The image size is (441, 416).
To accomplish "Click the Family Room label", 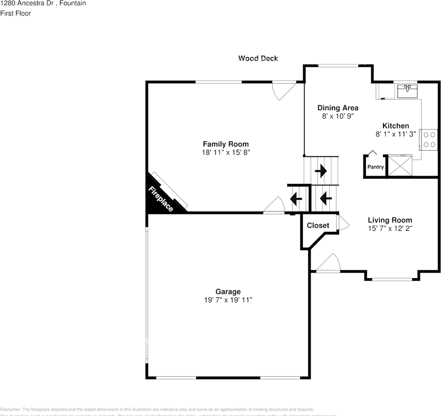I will pos(226,144).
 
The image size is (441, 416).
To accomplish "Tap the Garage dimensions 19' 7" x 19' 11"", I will pos(228,300).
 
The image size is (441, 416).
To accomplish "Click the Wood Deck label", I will pos(258,58).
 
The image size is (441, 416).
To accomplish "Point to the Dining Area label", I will pos(337,108).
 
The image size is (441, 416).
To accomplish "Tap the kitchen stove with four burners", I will pos(429,139).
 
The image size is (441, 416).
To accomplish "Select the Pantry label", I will pos(376,167).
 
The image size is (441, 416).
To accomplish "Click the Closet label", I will pos(318,225).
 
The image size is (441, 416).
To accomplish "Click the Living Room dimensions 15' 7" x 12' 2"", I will pos(390,228).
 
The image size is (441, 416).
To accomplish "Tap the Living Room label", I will pos(390,220).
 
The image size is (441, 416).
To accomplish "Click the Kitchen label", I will pos(395,126).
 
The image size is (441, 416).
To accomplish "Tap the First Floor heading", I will pos(16,13).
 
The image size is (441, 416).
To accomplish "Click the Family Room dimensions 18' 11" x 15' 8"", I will pos(226,152).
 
